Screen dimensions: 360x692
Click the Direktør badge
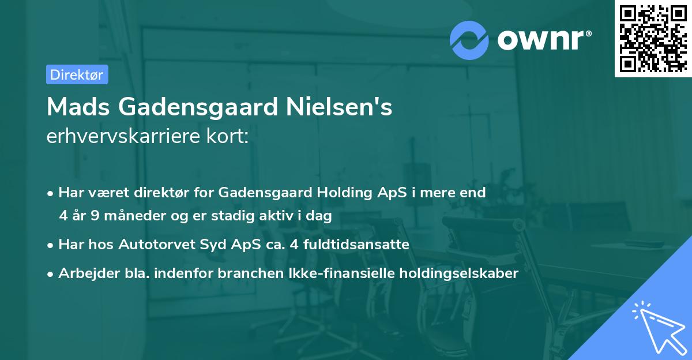click(77, 74)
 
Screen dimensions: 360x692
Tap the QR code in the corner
click(652, 38)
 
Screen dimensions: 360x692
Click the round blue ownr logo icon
click(469, 40)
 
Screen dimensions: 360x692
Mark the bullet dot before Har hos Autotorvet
click(51, 245)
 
